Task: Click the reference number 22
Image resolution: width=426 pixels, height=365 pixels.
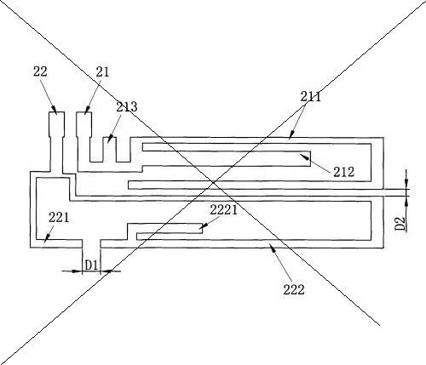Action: [x=40, y=71]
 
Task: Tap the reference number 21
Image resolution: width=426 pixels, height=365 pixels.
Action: [x=102, y=72]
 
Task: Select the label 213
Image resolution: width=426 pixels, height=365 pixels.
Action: [x=127, y=107]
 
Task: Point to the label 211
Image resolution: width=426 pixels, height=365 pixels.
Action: [x=311, y=97]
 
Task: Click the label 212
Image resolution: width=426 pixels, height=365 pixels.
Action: [x=343, y=172]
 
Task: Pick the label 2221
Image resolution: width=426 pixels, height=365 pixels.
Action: [x=223, y=210]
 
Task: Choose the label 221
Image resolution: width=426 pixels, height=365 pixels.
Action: [x=59, y=218]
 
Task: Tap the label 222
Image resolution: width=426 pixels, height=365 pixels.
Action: [x=294, y=289]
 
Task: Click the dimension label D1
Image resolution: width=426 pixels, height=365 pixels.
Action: [x=91, y=265]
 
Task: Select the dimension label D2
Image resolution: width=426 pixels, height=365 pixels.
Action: [x=400, y=224]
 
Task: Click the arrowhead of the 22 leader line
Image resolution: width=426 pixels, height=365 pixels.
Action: [x=55, y=111]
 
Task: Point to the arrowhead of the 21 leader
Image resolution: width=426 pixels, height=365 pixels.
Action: [x=87, y=111]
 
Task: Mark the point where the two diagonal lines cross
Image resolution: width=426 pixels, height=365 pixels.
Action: [x=214, y=182]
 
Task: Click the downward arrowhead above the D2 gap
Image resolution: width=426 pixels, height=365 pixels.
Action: [x=406, y=185]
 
